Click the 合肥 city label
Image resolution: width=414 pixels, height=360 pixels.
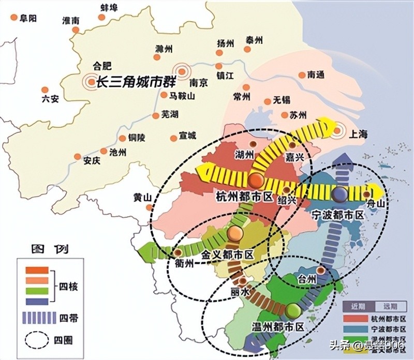tap(101, 66)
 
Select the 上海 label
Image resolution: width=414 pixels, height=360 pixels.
tap(358, 134)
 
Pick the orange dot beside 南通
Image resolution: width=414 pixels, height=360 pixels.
tap(302, 75)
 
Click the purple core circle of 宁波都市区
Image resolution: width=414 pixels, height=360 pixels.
tap(340, 194)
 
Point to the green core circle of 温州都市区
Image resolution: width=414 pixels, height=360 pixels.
tap(292, 310)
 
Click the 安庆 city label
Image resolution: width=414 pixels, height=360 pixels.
tap(91, 160)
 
